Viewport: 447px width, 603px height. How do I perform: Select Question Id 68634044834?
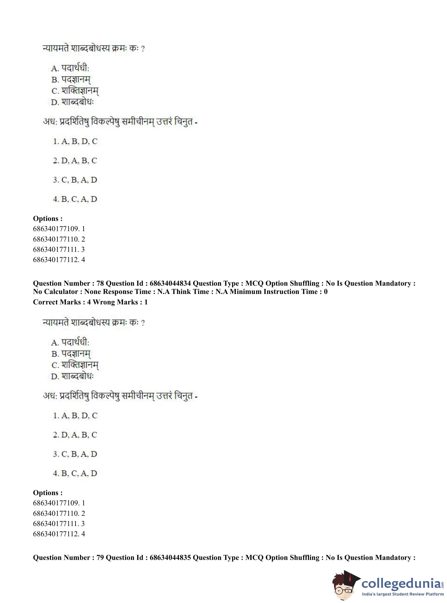tap(170, 283)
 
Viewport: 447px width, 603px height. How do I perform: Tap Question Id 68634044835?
tap(170, 557)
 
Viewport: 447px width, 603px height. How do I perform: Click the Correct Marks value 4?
tap(89, 302)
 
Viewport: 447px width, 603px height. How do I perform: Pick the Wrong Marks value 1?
tap(146, 302)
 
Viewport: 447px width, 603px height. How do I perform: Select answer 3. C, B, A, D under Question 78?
tap(75, 454)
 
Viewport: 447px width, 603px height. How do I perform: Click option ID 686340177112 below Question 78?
tap(56, 534)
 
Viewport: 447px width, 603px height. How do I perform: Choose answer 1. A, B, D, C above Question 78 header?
tap(75, 141)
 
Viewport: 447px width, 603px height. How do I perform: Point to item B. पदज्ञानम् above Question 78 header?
tap(71, 80)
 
